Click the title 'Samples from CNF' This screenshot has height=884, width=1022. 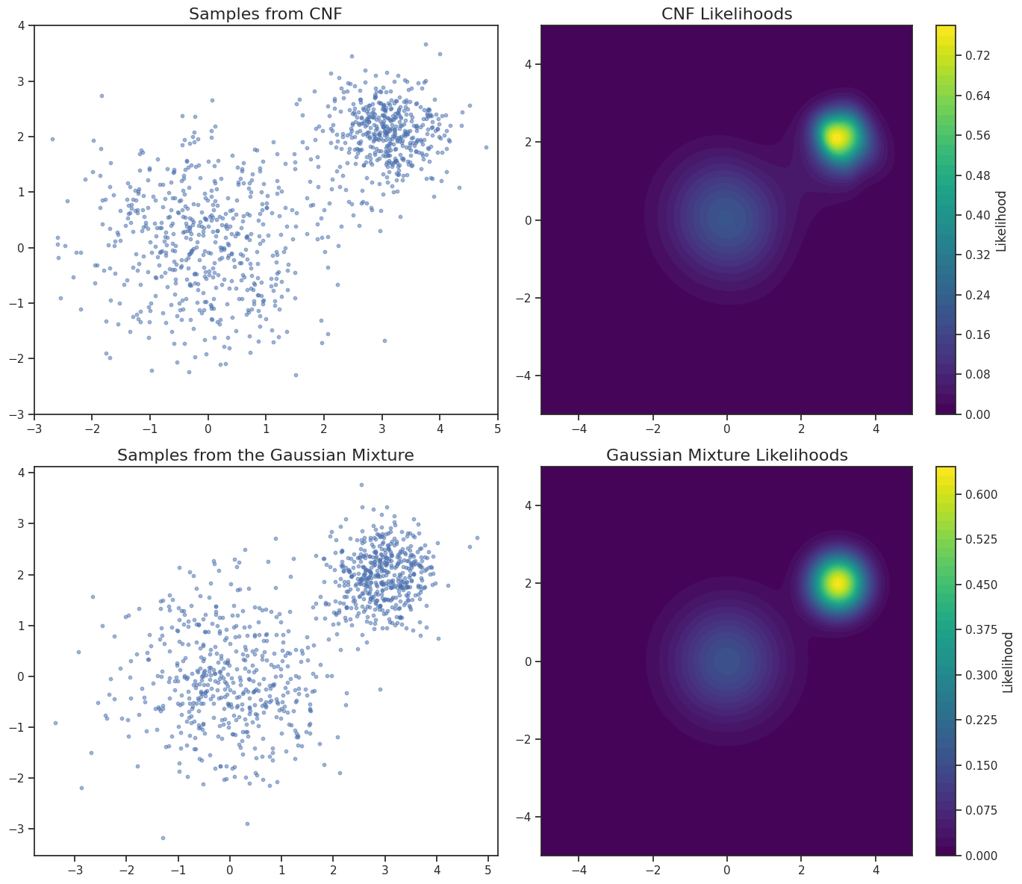[x=266, y=14]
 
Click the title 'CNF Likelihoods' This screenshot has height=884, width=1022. [x=726, y=14]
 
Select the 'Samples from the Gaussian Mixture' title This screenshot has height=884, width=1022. [x=266, y=455]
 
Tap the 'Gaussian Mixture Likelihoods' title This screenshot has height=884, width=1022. [x=726, y=455]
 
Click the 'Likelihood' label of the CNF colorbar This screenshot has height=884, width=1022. [x=1002, y=220]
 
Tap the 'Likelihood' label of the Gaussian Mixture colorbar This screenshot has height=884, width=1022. [x=1008, y=662]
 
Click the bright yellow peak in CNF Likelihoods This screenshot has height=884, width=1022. [x=838, y=138]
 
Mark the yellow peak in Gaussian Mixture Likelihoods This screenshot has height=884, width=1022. [x=838, y=583]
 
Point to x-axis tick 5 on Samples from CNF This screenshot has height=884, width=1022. [x=497, y=429]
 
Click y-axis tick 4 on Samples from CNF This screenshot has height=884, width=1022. [x=22, y=25]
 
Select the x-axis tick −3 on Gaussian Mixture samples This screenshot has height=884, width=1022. [x=75, y=870]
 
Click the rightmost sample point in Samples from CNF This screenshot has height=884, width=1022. [x=486, y=147]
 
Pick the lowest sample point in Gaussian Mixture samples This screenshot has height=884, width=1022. [x=163, y=838]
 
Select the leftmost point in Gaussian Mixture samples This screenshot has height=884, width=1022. [x=55, y=723]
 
